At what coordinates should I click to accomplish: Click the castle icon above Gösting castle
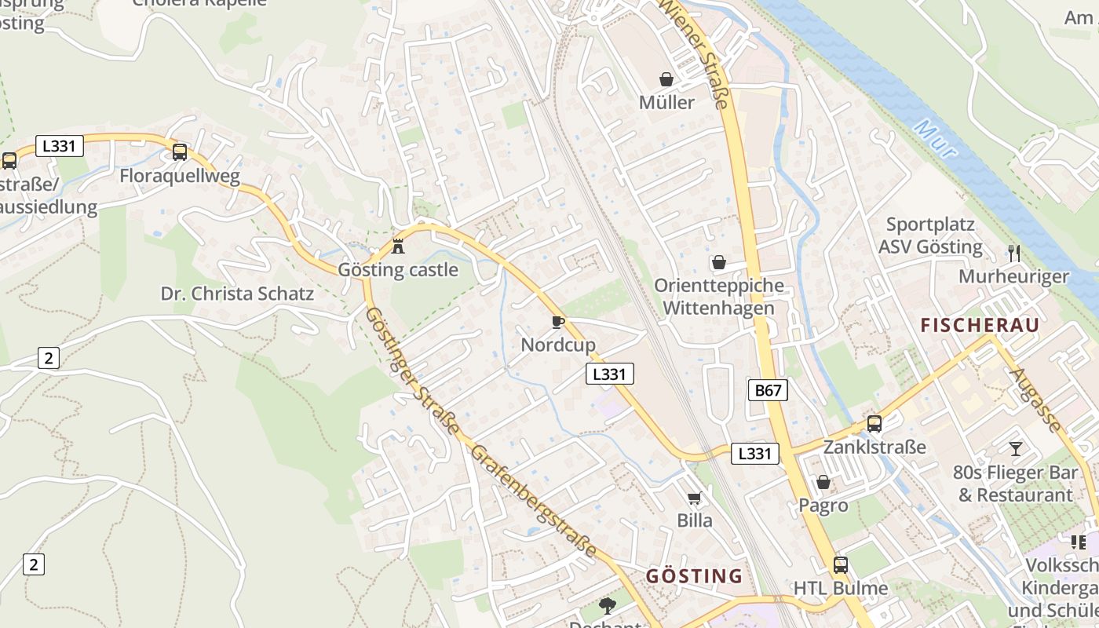[398, 246]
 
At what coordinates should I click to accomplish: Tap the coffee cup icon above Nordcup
[557, 322]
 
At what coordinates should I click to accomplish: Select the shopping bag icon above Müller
[666, 79]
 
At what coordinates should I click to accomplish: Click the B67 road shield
[767, 390]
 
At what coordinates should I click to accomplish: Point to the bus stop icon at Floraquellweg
[180, 152]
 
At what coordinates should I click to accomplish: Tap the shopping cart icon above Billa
[694, 498]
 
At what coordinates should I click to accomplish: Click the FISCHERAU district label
[980, 325]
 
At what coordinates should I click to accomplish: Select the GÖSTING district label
[694, 576]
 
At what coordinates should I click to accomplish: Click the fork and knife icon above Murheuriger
[1014, 253]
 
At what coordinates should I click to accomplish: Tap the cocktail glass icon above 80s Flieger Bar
[1016, 448]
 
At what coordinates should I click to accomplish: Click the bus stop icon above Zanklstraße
[874, 424]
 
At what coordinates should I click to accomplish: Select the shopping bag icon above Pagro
[823, 482]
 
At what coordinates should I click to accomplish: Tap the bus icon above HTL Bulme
[841, 564]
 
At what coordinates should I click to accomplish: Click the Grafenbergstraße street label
[534, 502]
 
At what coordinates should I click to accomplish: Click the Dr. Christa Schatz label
[237, 294]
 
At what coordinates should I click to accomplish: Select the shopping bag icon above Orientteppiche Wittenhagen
[718, 262]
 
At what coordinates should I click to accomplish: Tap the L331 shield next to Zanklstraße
[755, 453]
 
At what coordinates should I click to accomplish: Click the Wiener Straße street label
[696, 52]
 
